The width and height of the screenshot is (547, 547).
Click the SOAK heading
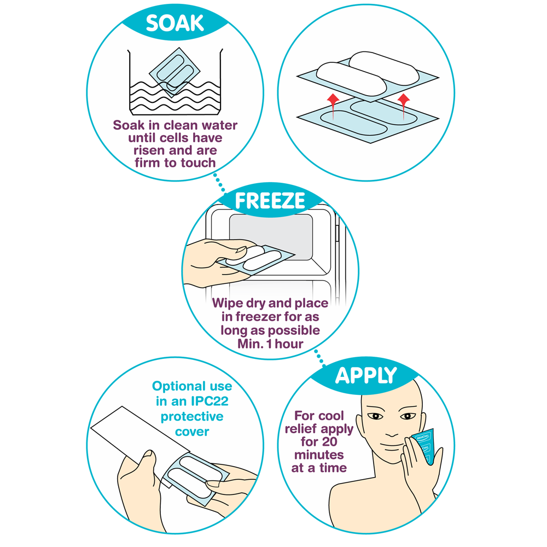pyautogui.click(x=175, y=24)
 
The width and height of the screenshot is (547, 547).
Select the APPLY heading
pyautogui.click(x=366, y=376)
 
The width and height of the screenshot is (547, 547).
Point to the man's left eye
pyautogui.click(x=408, y=416)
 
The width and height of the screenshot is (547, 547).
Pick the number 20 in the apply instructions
pyautogui.click(x=329, y=441)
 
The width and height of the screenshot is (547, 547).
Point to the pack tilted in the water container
pyautogui.click(x=174, y=72)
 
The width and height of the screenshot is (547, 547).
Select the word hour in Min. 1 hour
pyautogui.click(x=289, y=344)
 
